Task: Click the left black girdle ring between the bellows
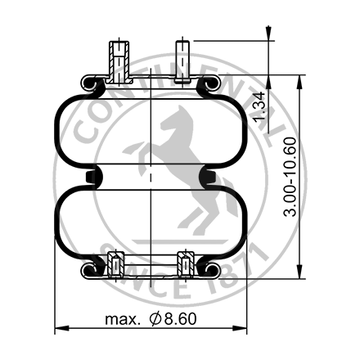92,177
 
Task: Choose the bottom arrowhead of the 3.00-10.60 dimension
300,272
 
